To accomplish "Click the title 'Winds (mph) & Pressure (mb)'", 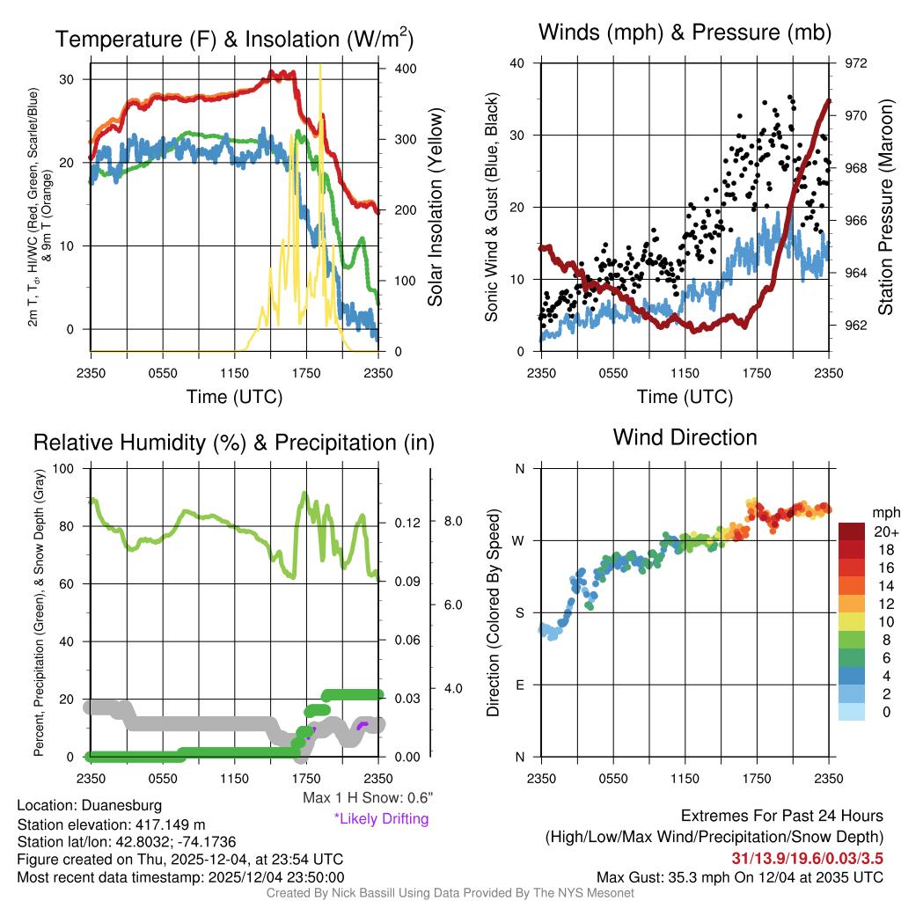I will [x=685, y=33].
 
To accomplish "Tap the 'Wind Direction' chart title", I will [x=685, y=437].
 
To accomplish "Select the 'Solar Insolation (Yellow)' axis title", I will [x=436, y=208].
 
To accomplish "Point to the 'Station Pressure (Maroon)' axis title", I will [x=886, y=208].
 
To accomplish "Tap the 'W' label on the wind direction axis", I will [x=519, y=540].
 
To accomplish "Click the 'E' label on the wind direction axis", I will [x=520, y=685].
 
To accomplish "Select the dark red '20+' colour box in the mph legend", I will [x=852, y=531].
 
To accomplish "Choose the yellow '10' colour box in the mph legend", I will [x=852, y=621].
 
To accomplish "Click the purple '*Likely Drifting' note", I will [x=381, y=819].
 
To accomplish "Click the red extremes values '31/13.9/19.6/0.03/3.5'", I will [x=807, y=857].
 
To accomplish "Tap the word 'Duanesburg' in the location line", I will [x=121, y=805].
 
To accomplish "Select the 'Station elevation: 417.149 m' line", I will [x=111, y=824].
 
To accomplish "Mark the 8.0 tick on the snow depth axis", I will [x=452, y=521].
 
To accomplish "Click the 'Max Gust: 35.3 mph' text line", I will [x=739, y=876].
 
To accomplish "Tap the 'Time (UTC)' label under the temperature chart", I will [x=234, y=397].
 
